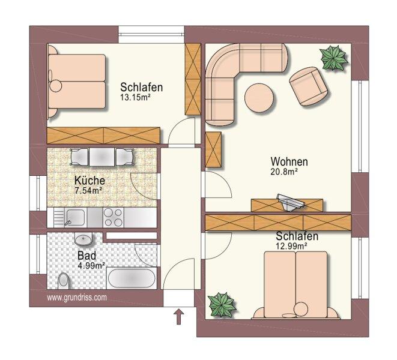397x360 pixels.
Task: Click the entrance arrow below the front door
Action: [179, 316]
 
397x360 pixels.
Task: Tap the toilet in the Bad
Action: [63, 281]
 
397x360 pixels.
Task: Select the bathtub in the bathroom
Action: [132, 278]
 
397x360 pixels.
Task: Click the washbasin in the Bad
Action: [83, 239]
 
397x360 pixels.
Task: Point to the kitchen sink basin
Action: [76, 217]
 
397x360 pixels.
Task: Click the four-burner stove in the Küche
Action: [113, 217]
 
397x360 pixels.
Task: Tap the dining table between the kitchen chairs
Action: [102, 157]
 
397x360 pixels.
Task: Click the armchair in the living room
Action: [309, 86]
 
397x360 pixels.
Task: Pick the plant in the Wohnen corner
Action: [333, 58]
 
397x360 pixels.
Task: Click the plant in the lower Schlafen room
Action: [222, 304]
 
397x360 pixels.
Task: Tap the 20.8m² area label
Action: [284, 172]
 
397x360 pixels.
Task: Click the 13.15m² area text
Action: [134, 97]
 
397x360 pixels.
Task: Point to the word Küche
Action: [89, 181]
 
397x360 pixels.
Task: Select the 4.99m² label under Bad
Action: [92, 266]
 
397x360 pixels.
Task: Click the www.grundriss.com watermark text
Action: [77, 298]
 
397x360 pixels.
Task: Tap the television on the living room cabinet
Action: [291, 202]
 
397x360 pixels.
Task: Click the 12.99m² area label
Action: [292, 245]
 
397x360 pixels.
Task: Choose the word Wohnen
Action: [289, 161]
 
